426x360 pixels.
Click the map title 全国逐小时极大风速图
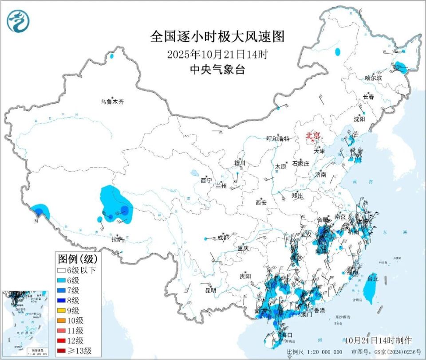coord(217,36)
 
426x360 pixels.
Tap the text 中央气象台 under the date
coord(217,70)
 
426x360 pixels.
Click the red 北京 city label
coord(312,136)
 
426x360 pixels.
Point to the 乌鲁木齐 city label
coord(112,102)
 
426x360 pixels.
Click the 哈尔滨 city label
coord(373,78)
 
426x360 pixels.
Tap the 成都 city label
coord(223,238)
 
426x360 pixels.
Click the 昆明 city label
coord(210,290)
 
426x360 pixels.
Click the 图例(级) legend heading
coord(78,258)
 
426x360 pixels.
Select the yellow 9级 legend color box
coord(62,310)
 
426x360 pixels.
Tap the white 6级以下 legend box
coord(62,270)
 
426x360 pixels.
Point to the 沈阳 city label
coord(359,119)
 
